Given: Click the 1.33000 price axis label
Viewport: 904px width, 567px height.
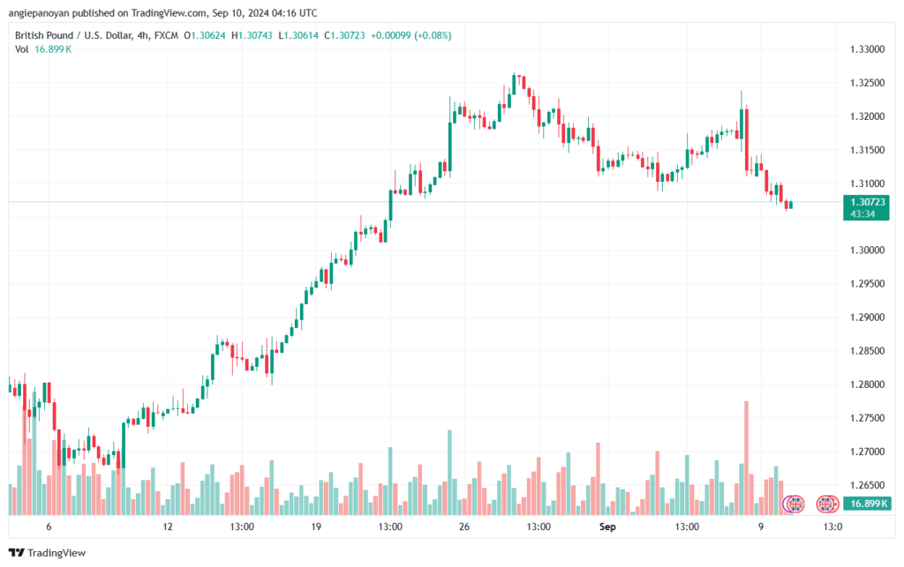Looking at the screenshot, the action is [867, 49].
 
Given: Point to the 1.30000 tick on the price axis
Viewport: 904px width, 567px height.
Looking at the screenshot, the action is [867, 250].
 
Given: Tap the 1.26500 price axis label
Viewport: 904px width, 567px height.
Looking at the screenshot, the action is [867, 485].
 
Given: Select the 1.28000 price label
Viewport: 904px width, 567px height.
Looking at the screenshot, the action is [867, 384].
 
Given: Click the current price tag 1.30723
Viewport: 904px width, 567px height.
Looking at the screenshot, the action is [866, 202].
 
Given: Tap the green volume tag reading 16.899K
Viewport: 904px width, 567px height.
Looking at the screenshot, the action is [866, 504].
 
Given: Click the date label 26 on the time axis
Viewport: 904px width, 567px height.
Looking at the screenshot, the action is [464, 526].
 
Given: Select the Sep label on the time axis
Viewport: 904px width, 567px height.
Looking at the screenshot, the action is [607, 526].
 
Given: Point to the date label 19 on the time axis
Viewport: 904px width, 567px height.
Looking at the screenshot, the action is [316, 526].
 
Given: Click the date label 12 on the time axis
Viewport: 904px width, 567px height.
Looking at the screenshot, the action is [167, 526].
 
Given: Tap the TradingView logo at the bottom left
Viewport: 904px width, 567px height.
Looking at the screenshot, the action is [48, 553].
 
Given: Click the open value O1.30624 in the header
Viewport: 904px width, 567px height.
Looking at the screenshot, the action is [205, 35].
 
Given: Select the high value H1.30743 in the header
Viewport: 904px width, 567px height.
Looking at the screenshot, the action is [252, 35].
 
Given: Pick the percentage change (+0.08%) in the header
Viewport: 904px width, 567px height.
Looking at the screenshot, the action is [433, 35].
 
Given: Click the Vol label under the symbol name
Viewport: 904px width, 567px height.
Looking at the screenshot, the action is [21, 49].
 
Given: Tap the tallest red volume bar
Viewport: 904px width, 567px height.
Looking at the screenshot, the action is [747, 458].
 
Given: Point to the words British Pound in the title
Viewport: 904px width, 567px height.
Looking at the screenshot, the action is [44, 35].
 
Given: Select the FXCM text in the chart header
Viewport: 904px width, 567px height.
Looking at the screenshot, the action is [166, 35].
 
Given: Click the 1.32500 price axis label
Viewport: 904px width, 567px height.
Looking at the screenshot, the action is [867, 83].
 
